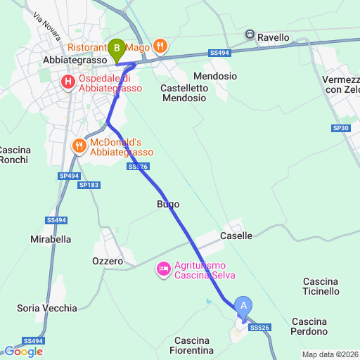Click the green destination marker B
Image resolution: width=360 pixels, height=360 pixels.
117,49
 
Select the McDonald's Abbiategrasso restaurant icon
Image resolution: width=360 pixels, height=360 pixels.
79,146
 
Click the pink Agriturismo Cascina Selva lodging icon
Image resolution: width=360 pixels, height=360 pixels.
163,268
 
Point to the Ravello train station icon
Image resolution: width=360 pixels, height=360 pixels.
250,34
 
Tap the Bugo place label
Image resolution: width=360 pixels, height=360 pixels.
167,204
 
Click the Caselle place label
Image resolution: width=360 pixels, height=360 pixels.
236,236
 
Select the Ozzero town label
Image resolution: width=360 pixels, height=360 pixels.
108,261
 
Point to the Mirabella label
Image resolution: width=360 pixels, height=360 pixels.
51,239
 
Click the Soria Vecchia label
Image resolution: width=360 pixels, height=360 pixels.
47,308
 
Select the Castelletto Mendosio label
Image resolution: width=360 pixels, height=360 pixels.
184,93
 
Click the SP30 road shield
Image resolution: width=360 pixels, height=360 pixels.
340,128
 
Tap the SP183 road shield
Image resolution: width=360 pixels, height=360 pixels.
89,185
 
